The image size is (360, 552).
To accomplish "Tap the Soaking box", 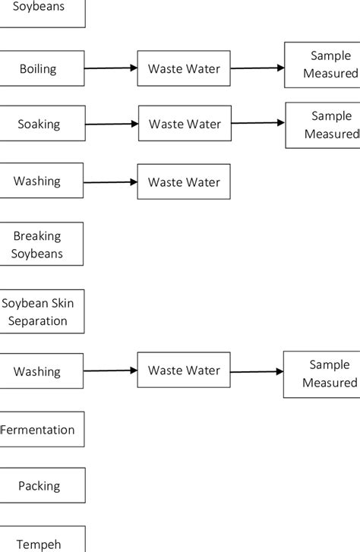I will [39, 124].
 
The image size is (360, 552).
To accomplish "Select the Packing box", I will [40, 486].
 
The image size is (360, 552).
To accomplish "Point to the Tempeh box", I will [40, 541].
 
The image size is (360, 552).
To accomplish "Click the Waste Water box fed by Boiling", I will [183, 69].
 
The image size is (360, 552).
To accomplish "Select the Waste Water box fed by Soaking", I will [185, 124].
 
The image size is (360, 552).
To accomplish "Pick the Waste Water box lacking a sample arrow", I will [183, 182].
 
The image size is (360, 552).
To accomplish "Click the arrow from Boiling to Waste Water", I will [110, 68].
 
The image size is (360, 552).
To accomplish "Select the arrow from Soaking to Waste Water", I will [111, 124].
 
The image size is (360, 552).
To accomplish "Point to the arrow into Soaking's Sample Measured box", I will [258, 123].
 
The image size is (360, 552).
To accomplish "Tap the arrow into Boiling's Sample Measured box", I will [257, 68].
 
